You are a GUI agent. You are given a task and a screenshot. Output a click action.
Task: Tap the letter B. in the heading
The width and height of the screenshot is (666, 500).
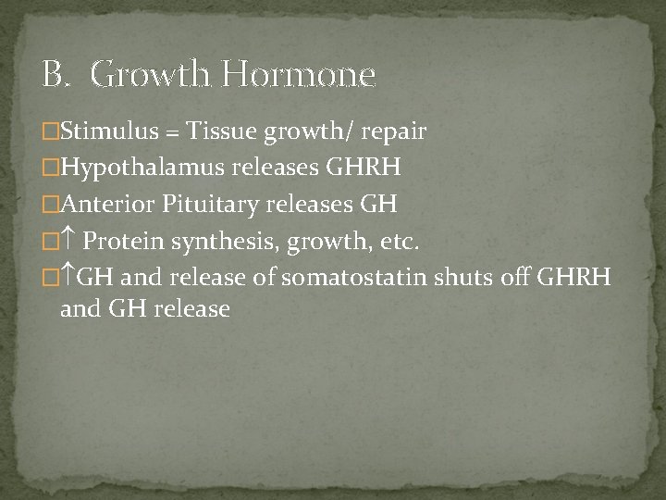[x=56, y=74]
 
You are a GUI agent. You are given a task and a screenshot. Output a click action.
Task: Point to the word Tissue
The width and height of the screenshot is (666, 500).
[x=222, y=132]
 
